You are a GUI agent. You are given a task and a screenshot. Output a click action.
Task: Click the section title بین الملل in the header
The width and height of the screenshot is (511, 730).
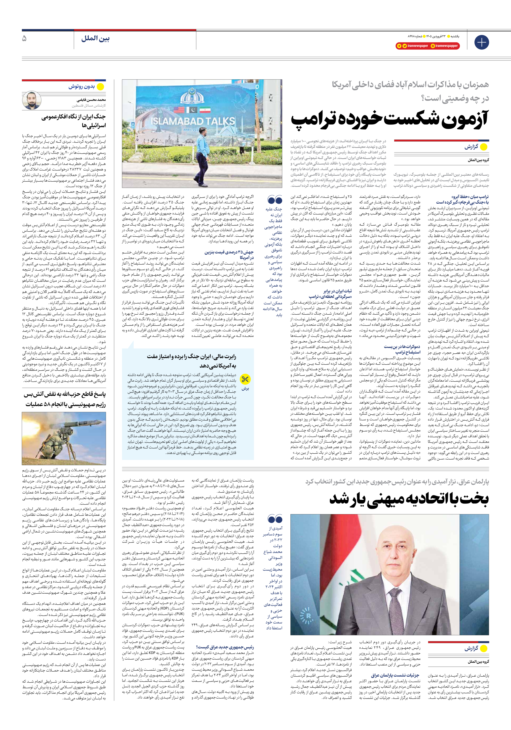(x=95, y=39)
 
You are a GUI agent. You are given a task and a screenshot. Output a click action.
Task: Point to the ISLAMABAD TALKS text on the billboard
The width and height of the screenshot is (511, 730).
(x=193, y=121)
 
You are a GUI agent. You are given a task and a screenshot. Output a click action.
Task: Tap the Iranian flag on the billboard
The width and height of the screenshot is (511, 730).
(x=205, y=110)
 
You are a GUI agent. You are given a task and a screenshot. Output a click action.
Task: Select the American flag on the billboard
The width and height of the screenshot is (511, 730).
(x=179, y=110)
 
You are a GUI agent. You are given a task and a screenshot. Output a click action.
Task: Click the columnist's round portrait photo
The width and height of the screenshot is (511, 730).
(x=32, y=100)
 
